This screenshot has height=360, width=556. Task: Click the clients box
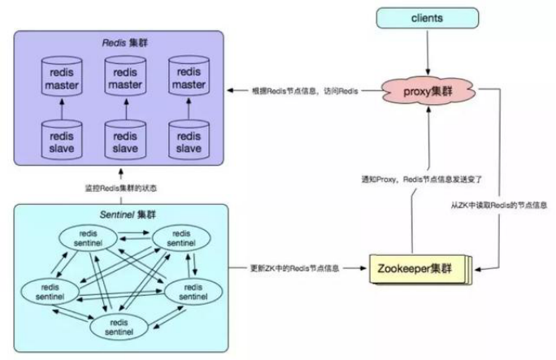(x=428, y=18)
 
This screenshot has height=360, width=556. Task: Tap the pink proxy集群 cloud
(x=428, y=91)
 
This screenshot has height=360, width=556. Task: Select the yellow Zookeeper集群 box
(x=420, y=269)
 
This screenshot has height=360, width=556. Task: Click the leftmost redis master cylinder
(x=62, y=76)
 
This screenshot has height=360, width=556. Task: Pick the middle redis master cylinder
(x=125, y=76)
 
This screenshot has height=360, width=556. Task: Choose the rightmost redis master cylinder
(x=189, y=76)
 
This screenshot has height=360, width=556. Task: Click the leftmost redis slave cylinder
(x=62, y=140)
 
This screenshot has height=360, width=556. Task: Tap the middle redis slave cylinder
(x=125, y=140)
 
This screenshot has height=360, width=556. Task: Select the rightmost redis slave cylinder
(x=189, y=140)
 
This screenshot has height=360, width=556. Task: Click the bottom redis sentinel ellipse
(x=119, y=327)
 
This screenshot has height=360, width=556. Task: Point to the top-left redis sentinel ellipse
(x=88, y=238)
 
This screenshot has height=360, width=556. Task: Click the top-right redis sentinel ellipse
(x=181, y=238)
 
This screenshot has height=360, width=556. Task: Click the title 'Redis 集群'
(x=125, y=43)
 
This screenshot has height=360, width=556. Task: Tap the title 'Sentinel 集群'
(x=128, y=215)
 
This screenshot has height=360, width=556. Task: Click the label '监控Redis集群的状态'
(x=120, y=189)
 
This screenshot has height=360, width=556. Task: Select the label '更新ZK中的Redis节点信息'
(x=295, y=268)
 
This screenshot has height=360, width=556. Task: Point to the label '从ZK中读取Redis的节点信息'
(x=499, y=205)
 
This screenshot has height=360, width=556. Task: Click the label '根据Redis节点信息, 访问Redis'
(x=305, y=91)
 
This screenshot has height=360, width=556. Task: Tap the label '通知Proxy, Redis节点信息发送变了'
(x=422, y=180)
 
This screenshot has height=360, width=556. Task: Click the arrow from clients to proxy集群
(x=428, y=53)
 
